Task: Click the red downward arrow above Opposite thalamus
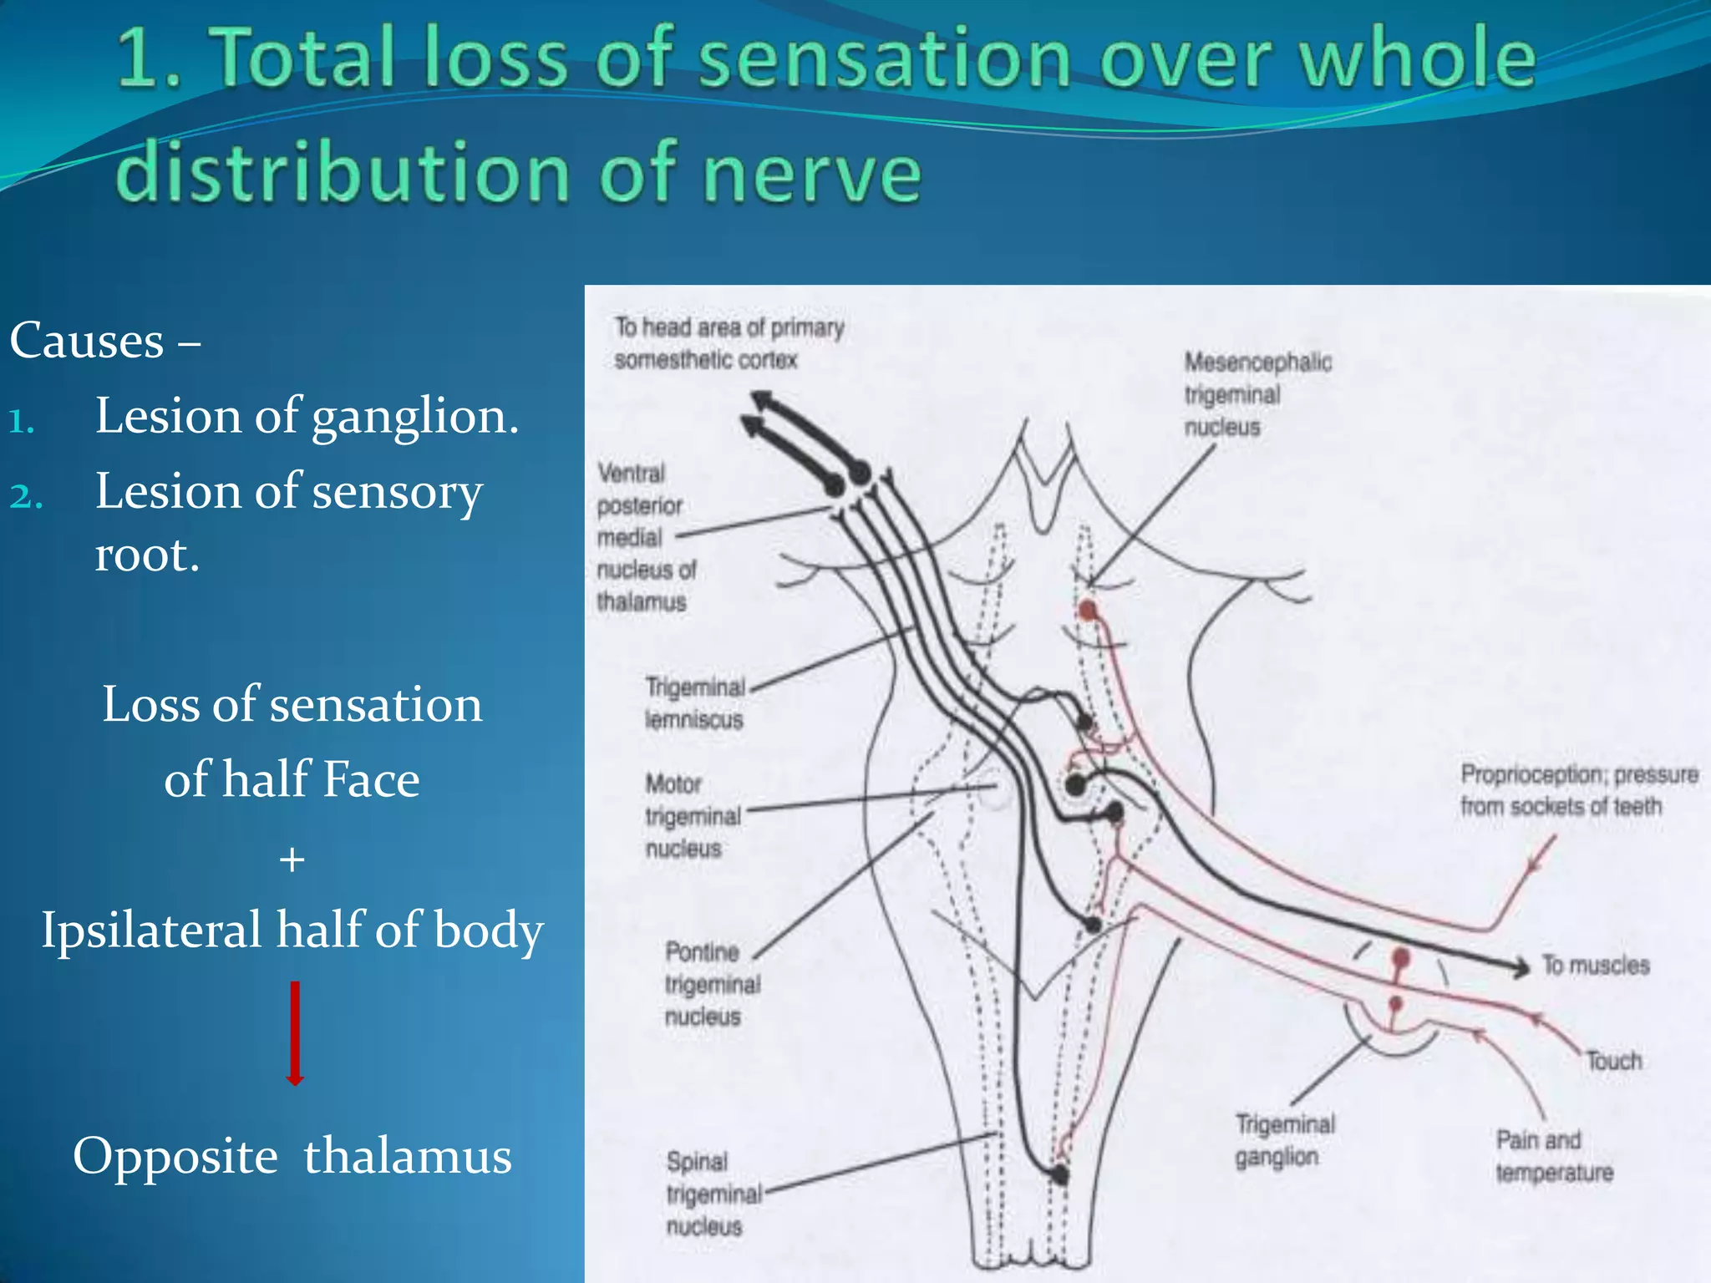pos(294,1034)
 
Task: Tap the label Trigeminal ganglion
pos(1284,1141)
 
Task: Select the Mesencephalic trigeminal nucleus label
pos(1257,394)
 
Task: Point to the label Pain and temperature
pos(1553,1156)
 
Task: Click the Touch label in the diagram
pos(1614,1061)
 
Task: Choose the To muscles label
pos(1596,966)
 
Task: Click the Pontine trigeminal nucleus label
pos(712,984)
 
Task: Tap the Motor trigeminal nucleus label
pos(693,816)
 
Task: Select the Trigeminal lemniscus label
pos(694,702)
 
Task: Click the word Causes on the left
pos(87,341)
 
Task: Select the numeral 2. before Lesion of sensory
pos(26,495)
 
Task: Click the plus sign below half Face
pos(292,859)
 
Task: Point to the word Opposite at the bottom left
pos(175,1156)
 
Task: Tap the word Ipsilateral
pos(151,930)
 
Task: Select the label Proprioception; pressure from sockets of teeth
pos(1577,790)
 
